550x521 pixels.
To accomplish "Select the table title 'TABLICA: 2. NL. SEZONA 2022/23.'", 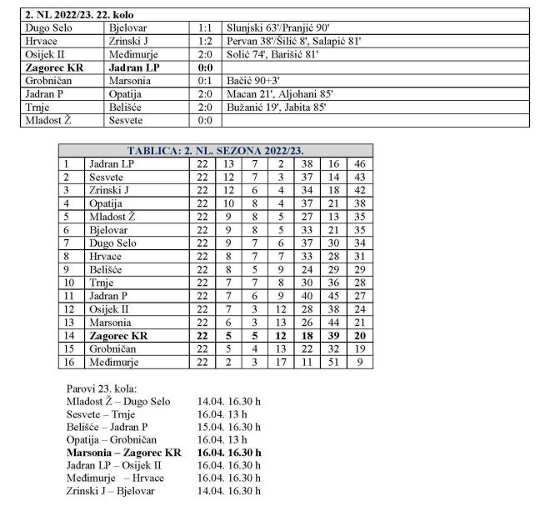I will click(215, 151).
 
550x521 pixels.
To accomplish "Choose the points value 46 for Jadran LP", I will click(361, 164).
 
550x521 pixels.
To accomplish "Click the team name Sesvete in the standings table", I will click(107, 178).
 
